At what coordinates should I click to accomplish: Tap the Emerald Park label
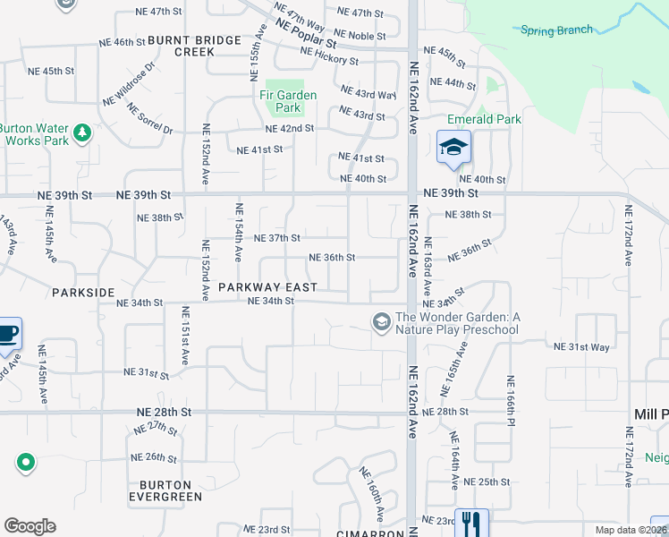[484, 119]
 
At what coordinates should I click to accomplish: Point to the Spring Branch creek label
[556, 30]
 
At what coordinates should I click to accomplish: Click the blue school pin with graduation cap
[453, 148]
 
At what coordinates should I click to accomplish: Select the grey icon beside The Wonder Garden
[382, 321]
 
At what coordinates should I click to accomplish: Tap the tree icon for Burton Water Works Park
[82, 133]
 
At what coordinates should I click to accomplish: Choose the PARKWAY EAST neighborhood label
[267, 287]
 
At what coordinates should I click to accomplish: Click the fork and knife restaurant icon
[471, 523]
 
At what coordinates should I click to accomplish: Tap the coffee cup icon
[8, 334]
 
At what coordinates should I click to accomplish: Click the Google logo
[30, 526]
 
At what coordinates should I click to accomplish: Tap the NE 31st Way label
[581, 346]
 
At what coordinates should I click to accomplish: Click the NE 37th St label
[276, 238]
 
